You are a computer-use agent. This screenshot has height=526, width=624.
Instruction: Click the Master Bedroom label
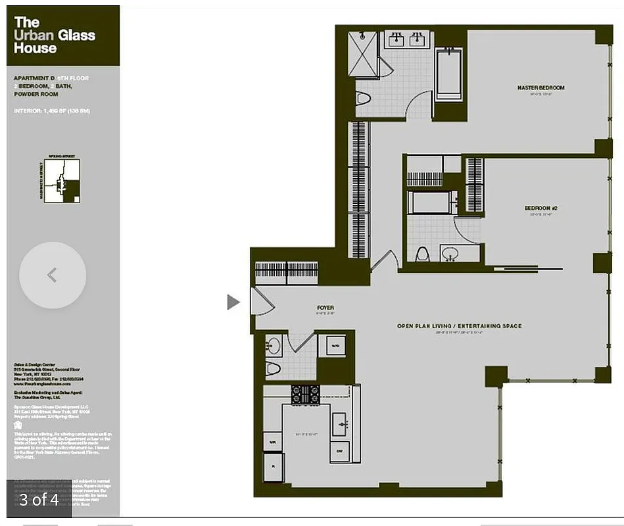540,87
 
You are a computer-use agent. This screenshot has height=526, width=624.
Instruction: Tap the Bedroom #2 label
540,208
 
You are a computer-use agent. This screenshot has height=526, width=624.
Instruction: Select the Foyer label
325,308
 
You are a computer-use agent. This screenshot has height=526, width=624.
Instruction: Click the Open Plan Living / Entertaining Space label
459,326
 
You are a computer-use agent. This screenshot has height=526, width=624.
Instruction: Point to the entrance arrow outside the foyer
233,302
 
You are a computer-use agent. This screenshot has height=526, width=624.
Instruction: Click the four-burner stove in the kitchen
305,394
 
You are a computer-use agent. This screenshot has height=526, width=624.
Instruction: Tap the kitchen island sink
340,424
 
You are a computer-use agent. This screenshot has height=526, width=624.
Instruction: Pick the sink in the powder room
274,345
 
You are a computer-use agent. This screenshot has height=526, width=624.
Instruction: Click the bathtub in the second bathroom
432,201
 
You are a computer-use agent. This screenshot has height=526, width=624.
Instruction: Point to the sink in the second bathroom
451,253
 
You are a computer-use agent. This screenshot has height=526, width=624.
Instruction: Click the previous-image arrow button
53,275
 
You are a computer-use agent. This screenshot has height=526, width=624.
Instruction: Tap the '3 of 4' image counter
39,500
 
